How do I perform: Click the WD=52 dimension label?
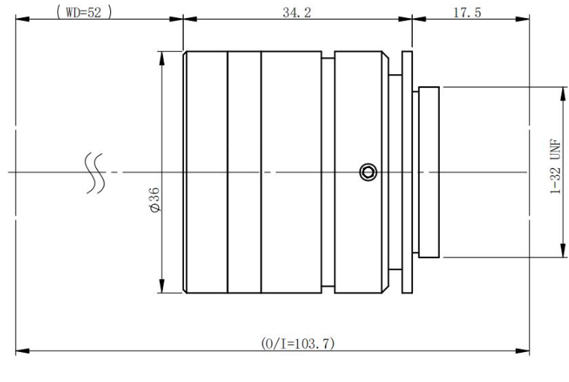point(84,12)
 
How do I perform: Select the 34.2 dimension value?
point(297,13)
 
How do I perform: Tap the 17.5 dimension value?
point(467,13)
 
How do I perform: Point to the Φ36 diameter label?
point(155,200)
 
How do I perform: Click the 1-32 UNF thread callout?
point(555,167)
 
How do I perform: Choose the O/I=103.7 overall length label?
point(297,343)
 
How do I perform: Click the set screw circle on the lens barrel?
point(368,172)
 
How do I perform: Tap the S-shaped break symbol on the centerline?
point(95,173)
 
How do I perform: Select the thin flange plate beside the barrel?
point(407,173)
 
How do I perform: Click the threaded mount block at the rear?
point(429,173)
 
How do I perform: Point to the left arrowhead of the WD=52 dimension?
point(23,19)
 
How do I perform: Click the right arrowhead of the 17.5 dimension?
point(522,19)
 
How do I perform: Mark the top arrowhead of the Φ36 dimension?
point(162,59)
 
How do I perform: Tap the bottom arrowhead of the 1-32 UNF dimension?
point(563,251)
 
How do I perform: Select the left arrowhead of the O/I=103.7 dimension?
point(23,351)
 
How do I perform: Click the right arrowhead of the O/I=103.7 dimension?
point(522,351)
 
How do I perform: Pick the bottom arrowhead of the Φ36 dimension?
point(162,286)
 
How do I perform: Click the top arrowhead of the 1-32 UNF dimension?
point(563,95)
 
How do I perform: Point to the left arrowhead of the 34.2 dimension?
point(190,19)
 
